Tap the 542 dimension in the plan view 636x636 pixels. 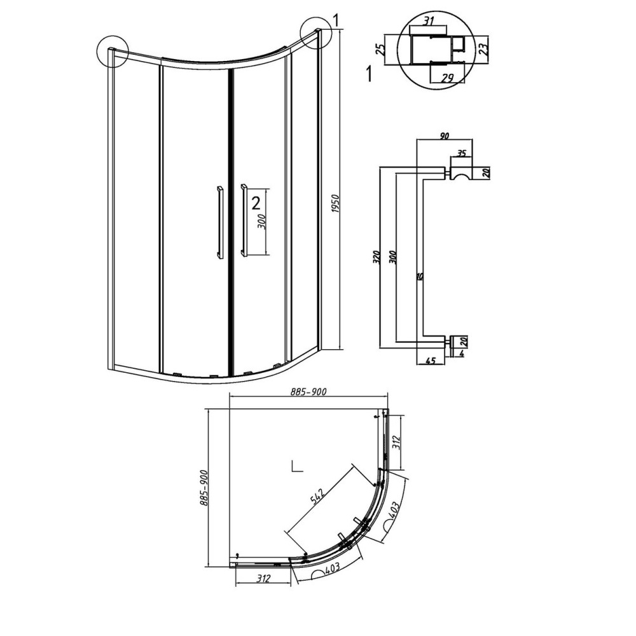[x=317, y=497]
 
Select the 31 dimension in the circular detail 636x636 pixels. [x=429, y=21]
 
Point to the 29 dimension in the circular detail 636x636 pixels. [x=446, y=77]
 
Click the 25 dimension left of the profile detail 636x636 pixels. [x=380, y=50]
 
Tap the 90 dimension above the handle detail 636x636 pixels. [x=445, y=136]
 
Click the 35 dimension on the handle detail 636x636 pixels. [x=462, y=153]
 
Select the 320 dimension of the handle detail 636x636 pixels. [x=376, y=257]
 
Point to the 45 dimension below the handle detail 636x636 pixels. [x=431, y=360]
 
